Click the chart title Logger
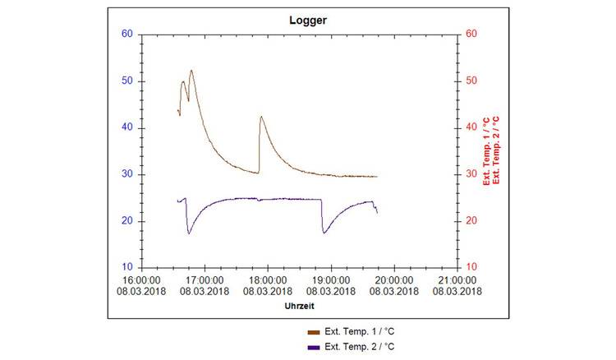308,20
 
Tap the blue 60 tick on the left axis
127,35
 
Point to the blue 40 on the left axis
127,127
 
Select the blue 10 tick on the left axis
127,268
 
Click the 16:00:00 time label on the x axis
142,280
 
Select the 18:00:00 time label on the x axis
268,280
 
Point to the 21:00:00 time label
456,280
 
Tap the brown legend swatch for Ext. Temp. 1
313,332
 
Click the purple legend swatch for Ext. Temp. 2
313,347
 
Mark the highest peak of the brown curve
191,71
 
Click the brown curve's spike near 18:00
261,117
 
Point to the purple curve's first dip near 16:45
189,233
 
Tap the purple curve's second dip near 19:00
324,233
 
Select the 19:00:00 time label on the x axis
330,280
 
